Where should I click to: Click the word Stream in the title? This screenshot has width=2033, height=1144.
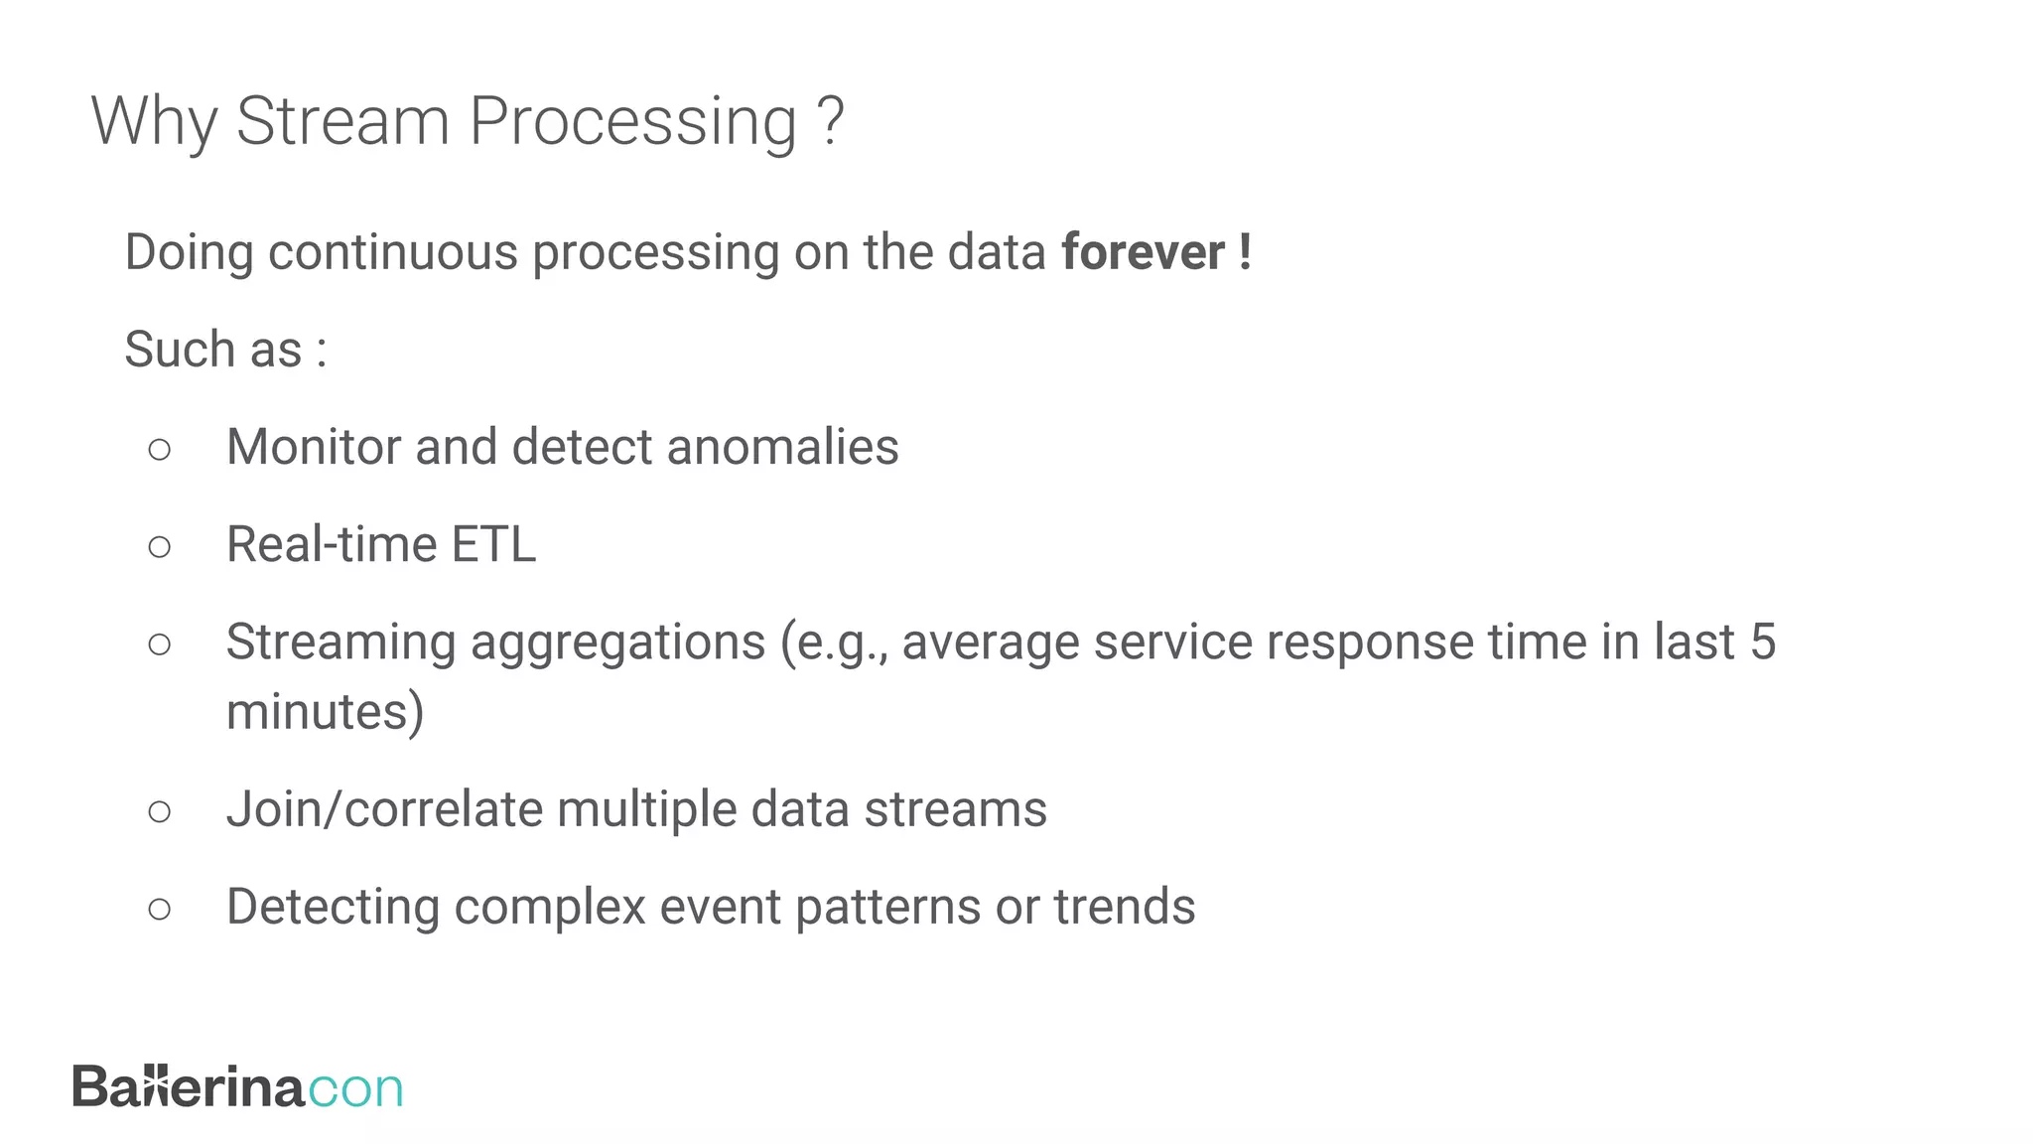tap(342, 121)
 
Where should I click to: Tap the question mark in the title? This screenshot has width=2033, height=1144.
tap(831, 121)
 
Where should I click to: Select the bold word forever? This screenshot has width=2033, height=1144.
tap(1143, 252)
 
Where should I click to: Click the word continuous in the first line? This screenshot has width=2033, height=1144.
tap(392, 252)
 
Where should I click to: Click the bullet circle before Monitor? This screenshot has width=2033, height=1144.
tap(159, 449)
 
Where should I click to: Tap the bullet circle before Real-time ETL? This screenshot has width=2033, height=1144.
tap(159, 546)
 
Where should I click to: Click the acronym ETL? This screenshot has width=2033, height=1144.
tap(493, 544)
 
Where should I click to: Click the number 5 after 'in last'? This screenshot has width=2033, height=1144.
tap(1762, 642)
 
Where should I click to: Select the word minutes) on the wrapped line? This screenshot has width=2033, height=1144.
tap(325, 712)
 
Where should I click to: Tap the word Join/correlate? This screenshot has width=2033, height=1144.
tap(384, 809)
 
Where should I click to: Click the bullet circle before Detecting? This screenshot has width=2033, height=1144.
tap(159, 909)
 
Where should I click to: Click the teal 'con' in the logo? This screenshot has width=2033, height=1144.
tap(355, 1089)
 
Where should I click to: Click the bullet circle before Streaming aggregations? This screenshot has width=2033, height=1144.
tap(159, 644)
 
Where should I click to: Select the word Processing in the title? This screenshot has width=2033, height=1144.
tap(632, 123)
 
